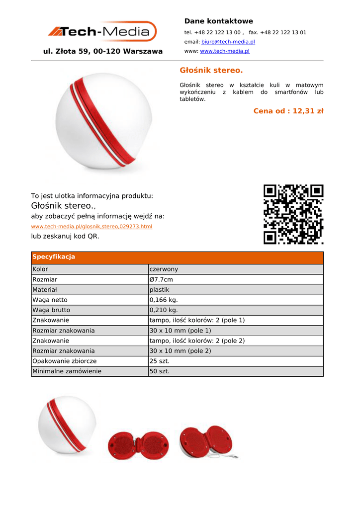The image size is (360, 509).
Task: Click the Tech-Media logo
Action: tap(102, 32)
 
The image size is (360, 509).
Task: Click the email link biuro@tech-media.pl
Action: tap(228, 42)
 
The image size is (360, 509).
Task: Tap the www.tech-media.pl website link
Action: tap(224, 51)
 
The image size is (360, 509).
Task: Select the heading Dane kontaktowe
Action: tap(218, 21)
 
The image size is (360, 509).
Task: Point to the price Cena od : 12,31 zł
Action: tap(288, 111)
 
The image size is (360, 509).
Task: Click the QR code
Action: tap(293, 214)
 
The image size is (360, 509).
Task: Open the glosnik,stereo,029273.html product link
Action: tap(91, 227)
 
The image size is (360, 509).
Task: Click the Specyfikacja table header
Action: tap(54, 257)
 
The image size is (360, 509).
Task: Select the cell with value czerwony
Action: tap(164, 269)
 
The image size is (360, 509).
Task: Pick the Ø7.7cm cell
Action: tap(161, 280)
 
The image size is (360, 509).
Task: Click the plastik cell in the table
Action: tap(160, 290)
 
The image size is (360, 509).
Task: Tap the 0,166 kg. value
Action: tap(164, 300)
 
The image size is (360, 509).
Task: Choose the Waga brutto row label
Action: tap(51, 310)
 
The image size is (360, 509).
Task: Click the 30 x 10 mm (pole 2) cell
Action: tap(180, 351)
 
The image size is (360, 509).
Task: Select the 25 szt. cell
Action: tap(160, 361)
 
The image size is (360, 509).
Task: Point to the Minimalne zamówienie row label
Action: tap(67, 371)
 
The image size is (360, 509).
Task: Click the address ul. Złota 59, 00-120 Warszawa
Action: tap(103, 51)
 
